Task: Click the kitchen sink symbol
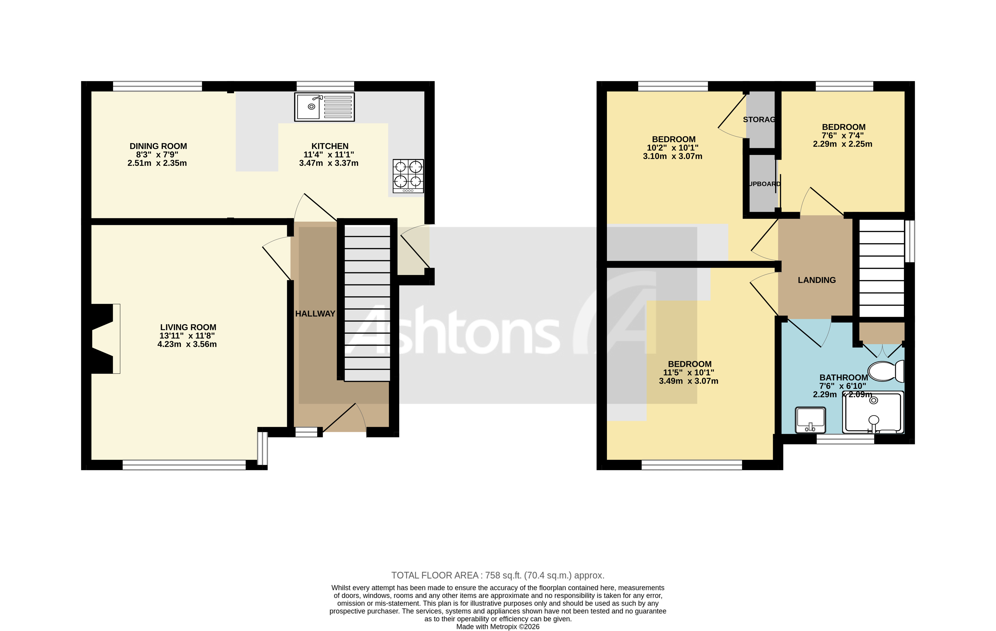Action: point(324,107)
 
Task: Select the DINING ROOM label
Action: point(158,146)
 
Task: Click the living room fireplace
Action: point(103,339)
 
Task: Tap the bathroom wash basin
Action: point(810,420)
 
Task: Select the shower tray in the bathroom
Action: point(873,412)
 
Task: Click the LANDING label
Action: point(817,280)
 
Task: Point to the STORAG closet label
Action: point(759,120)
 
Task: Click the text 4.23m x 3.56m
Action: point(187,344)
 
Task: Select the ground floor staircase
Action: point(367,302)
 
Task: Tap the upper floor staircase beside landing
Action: point(882,268)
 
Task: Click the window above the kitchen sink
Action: point(325,86)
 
